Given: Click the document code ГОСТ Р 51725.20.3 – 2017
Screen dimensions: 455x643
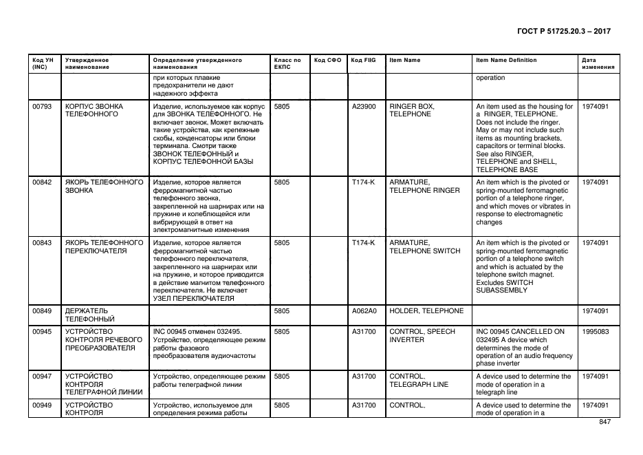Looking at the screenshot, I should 563,32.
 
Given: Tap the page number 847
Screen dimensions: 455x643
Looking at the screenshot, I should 605,422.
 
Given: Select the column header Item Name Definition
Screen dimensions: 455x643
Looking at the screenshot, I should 506,60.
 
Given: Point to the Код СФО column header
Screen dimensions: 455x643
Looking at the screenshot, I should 327,60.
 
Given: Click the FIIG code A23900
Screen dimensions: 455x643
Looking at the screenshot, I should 364,107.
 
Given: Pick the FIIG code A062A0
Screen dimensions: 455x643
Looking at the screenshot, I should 364,311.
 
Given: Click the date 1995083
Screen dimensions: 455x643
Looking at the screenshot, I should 595,332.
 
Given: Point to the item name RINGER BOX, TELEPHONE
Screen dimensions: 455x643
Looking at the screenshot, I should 412,110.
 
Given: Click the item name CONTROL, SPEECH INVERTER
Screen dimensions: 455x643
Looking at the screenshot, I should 422,335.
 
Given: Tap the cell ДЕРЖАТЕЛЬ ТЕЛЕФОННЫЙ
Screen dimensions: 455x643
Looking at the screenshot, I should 90,315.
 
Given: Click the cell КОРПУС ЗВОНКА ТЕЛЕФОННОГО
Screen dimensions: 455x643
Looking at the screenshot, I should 94,110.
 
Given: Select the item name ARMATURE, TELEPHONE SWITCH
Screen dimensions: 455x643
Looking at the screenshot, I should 425,246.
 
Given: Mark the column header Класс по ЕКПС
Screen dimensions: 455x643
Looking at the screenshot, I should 287,63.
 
